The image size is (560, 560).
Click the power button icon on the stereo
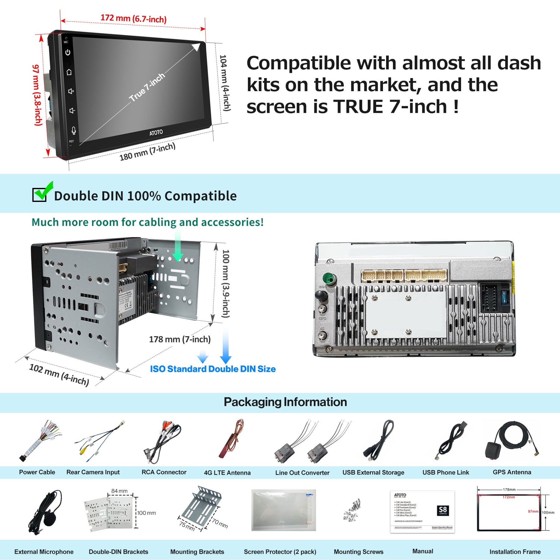click(x=68, y=53)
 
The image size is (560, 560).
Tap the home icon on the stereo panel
click(x=69, y=72)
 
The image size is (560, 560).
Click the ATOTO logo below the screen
click(x=156, y=133)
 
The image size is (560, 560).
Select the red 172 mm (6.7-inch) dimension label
click(x=133, y=18)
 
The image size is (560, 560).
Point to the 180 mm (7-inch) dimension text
click(x=147, y=152)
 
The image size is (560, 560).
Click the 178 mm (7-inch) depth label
click(x=180, y=339)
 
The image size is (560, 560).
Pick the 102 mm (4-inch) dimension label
click(x=59, y=374)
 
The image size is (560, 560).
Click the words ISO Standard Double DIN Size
click(x=213, y=369)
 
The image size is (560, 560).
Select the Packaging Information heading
click(x=285, y=402)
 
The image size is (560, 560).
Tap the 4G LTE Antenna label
click(x=227, y=473)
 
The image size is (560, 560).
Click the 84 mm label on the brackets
click(x=119, y=491)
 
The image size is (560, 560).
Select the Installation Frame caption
click(x=515, y=552)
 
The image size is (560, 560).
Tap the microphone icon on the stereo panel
click(x=73, y=131)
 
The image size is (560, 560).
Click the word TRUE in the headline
click(x=358, y=107)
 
